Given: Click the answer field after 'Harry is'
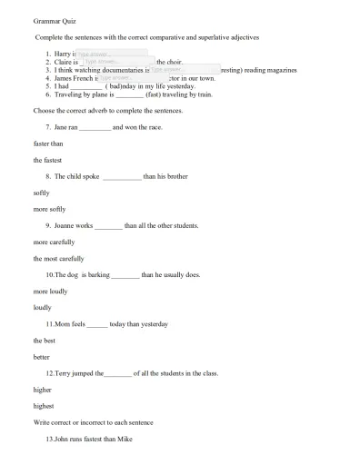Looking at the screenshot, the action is click(100, 54).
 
